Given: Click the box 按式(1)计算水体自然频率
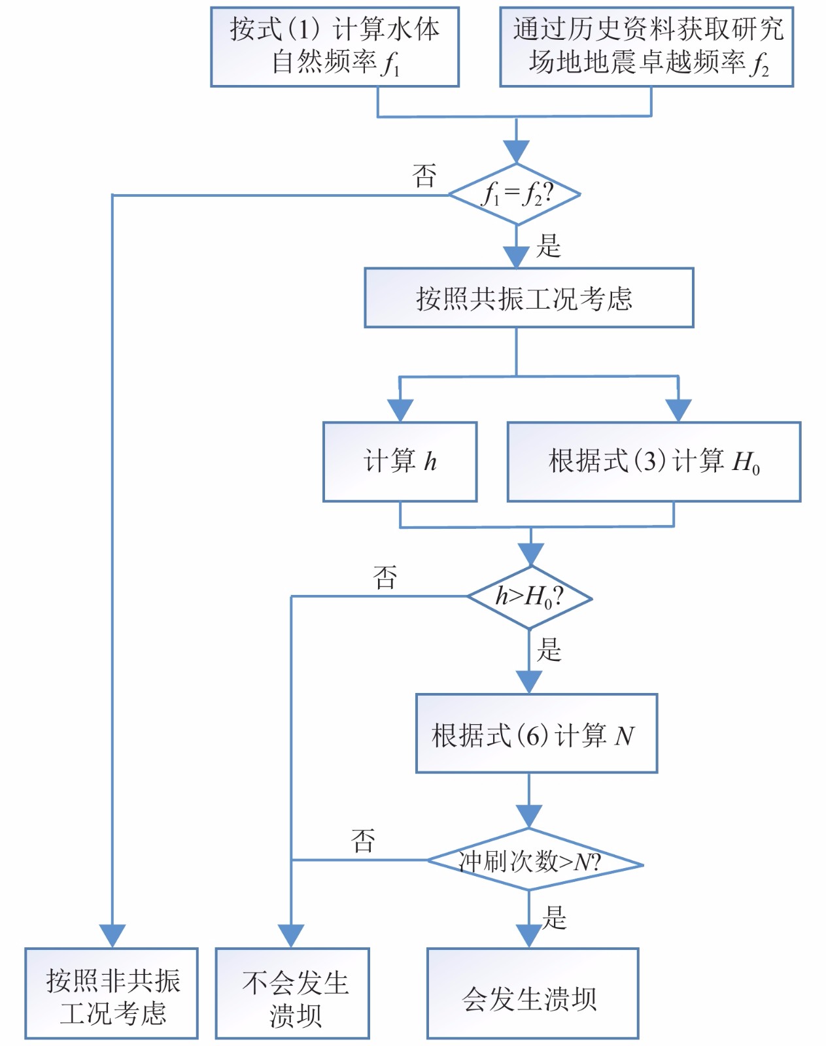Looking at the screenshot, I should [x=334, y=47].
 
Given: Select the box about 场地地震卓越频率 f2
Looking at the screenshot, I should [x=646, y=47].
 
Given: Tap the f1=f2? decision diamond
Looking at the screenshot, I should [x=515, y=194].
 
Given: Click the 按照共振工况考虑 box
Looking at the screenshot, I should [x=528, y=298].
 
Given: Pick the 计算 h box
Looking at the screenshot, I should [x=400, y=462].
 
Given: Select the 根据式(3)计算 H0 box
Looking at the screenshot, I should [x=653, y=462].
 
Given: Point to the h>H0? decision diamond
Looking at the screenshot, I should [x=529, y=597].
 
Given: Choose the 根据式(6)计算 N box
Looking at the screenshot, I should [x=536, y=734].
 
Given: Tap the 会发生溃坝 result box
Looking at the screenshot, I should [x=532, y=994].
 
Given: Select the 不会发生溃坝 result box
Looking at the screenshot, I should [x=292, y=994].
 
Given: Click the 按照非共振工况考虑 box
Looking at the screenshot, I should [x=112, y=994].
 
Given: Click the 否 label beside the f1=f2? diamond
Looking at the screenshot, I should [x=424, y=175].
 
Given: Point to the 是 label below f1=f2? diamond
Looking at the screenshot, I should [x=548, y=246].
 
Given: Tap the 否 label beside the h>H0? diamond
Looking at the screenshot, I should [x=385, y=577].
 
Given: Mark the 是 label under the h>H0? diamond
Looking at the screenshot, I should [x=549, y=650].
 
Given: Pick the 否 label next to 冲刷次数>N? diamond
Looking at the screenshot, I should [x=363, y=841].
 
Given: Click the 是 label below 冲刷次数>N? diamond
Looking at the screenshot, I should [x=554, y=918].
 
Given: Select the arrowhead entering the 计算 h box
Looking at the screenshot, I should [x=400, y=411].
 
